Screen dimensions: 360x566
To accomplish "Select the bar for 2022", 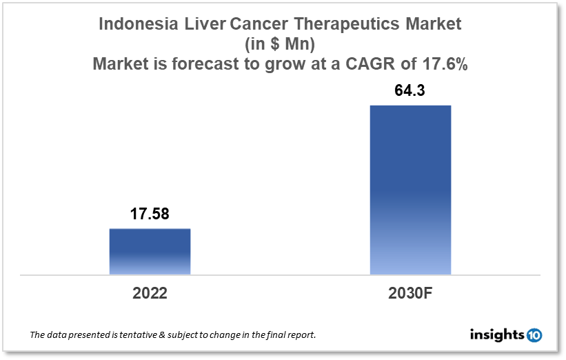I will [x=150, y=252].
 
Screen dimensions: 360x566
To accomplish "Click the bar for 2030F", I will [x=410, y=190].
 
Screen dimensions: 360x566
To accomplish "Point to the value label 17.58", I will [x=150, y=214].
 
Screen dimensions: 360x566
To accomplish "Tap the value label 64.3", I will [x=410, y=90].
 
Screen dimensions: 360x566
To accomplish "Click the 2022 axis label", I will [x=150, y=292].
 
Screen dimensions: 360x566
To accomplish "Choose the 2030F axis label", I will [x=410, y=292].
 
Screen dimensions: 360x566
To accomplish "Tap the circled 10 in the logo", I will [x=534, y=335].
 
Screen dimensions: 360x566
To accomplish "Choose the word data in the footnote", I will [x=58, y=335].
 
